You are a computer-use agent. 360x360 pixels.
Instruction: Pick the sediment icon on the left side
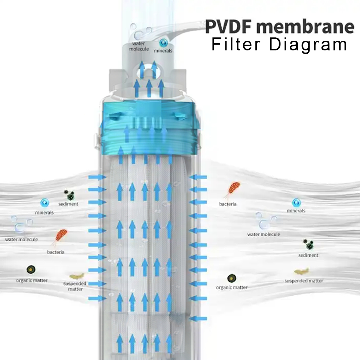(x=69, y=195)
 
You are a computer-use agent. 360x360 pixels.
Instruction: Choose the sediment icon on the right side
(x=308, y=244)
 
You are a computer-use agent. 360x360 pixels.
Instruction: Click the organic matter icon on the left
(x=31, y=269)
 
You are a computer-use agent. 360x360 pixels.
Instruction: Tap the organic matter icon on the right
(x=231, y=278)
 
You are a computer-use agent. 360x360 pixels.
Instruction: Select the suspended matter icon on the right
(x=302, y=271)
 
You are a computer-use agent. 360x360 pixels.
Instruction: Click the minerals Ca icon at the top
(x=163, y=42)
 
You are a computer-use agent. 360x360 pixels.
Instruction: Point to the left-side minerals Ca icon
(x=45, y=203)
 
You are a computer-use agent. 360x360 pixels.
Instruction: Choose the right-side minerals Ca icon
(x=296, y=202)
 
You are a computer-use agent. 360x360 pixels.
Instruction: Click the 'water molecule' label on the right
(x=264, y=234)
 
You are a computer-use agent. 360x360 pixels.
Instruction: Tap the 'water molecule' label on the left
(x=21, y=239)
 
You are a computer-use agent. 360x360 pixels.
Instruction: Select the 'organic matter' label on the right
(x=231, y=287)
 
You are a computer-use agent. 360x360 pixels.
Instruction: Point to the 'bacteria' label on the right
(x=228, y=204)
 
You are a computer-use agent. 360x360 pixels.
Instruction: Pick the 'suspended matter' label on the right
(x=303, y=281)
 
